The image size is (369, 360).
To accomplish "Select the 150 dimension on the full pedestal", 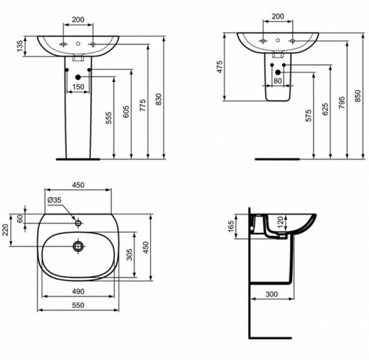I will (x=78, y=86).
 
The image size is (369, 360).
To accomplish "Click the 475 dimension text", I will (x=219, y=67).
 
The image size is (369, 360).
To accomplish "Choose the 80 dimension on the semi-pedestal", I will (x=277, y=81).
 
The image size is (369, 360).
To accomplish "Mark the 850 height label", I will (x=358, y=95).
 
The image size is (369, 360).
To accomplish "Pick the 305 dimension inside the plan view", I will (x=131, y=255).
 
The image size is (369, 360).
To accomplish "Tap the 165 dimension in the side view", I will (x=231, y=226).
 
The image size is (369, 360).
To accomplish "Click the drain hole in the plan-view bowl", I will (x=78, y=246).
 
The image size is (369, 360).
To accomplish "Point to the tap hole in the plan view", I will (x=78, y=223).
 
